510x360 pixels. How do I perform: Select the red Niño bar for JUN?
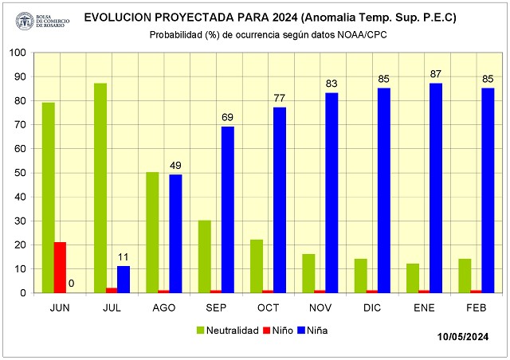(60, 268)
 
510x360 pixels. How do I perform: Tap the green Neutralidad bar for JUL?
(100, 188)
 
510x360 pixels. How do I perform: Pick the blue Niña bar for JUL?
(124, 280)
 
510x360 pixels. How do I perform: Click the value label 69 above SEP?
(228, 117)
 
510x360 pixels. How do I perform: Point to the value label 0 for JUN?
(71, 282)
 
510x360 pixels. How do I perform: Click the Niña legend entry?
(313, 329)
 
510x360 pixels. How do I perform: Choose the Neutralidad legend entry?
(227, 329)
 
